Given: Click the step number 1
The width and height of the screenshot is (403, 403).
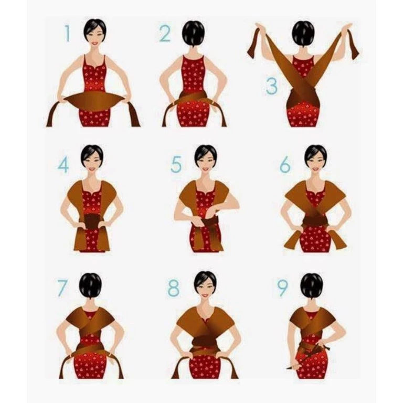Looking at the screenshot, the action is [67, 33].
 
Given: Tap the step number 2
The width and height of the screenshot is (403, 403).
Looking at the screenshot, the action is [165, 34].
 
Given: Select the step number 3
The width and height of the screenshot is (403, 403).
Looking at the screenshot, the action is [272, 86].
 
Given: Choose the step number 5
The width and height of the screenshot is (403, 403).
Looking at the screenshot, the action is [176, 164].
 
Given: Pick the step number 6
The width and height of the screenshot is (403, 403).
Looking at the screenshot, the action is [285, 164].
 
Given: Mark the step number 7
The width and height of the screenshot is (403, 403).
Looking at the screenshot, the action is [62, 288].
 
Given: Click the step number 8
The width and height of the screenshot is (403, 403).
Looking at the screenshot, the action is [173, 288].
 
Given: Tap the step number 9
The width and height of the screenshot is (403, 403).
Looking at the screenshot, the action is [282, 288].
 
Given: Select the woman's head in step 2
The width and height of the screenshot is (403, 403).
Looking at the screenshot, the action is [193, 34].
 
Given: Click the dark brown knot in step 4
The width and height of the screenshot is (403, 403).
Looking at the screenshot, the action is [91, 221].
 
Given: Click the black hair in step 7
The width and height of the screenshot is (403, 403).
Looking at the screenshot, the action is [90, 286].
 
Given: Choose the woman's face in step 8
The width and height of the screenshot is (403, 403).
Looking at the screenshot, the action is [205, 288].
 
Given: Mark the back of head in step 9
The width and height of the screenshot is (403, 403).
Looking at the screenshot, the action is [312, 287].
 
